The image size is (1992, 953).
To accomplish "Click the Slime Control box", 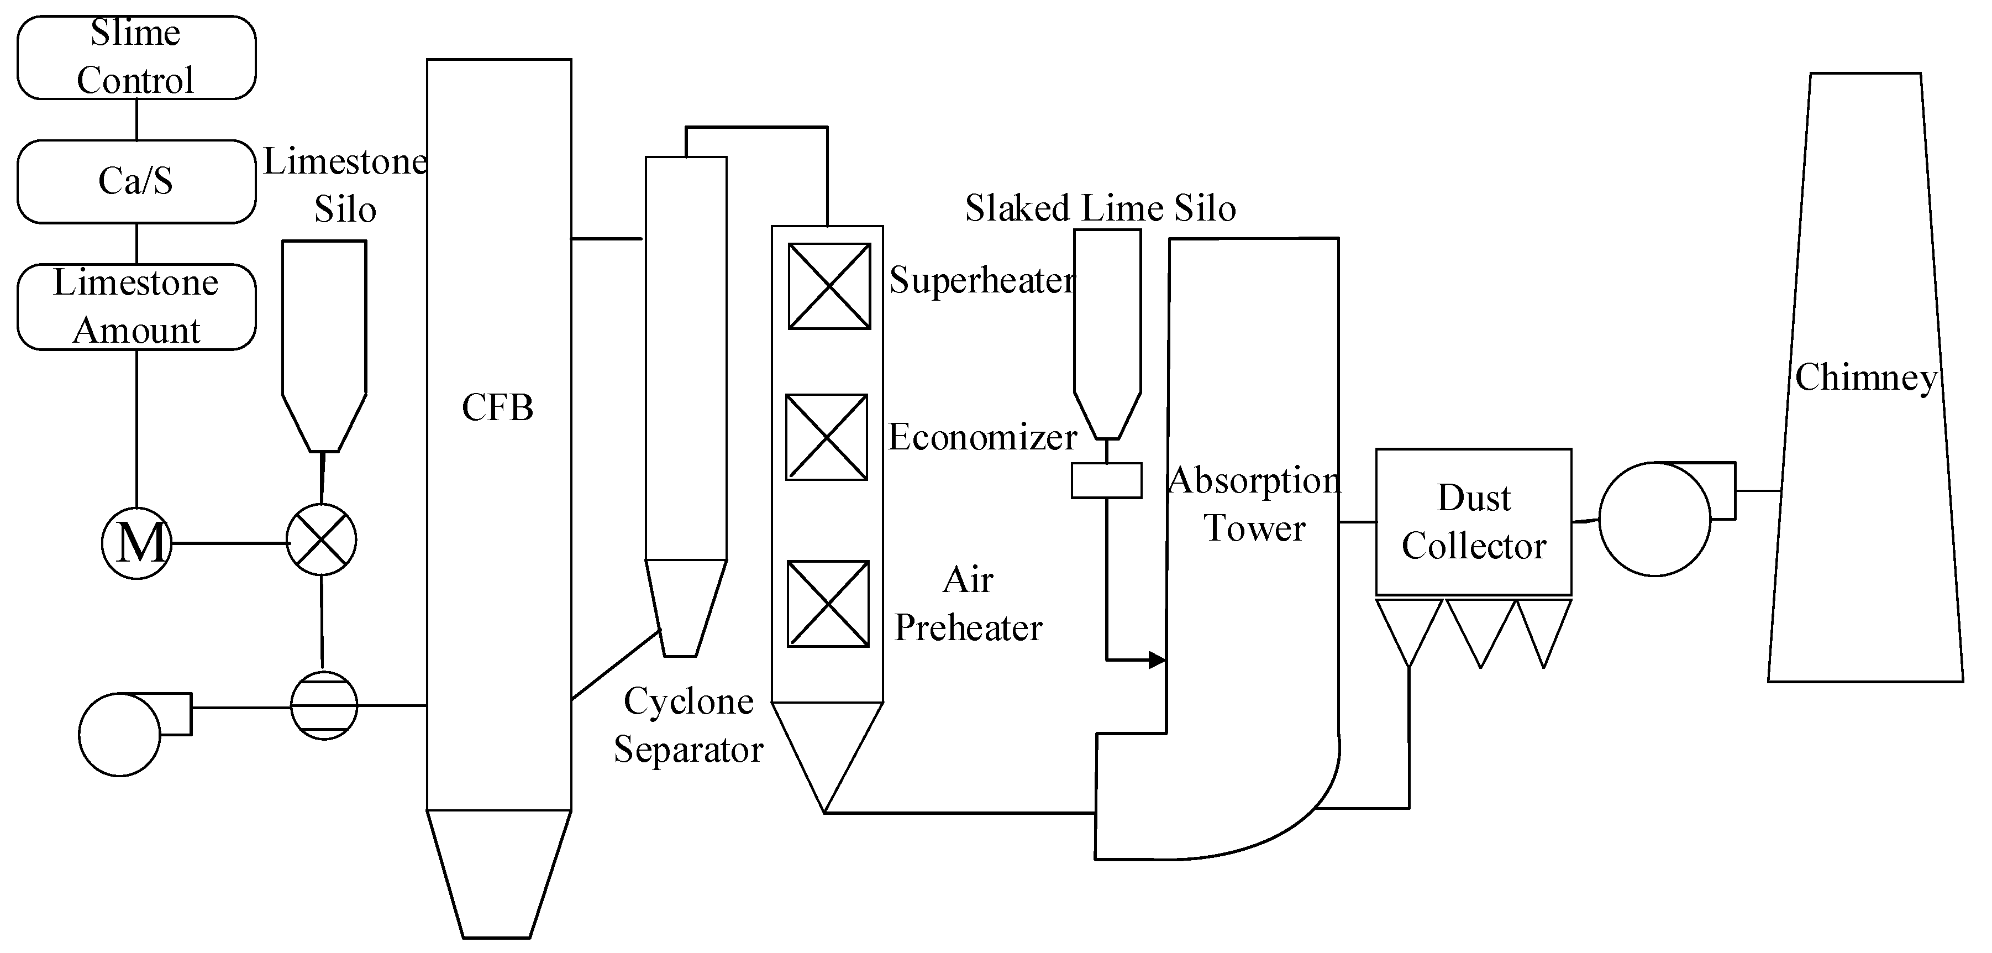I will [136, 57].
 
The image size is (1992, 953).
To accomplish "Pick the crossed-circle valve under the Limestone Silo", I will [321, 539].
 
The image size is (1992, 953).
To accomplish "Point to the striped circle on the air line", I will [324, 705].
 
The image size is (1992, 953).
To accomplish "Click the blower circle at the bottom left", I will [120, 735].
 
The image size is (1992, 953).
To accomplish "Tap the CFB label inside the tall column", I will [497, 407].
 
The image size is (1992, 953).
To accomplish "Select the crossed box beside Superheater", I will [829, 286].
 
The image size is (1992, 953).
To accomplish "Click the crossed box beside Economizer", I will [827, 437].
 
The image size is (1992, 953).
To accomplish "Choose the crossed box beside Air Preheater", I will [828, 603].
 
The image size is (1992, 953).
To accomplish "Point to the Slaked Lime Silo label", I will [1100, 208].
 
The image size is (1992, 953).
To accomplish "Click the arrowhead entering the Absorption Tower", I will [1157, 660].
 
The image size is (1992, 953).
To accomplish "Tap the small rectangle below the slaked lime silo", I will [1106, 480].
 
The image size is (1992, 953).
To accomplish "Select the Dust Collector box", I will [1473, 522].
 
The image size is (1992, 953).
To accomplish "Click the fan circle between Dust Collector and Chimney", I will [1655, 519].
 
